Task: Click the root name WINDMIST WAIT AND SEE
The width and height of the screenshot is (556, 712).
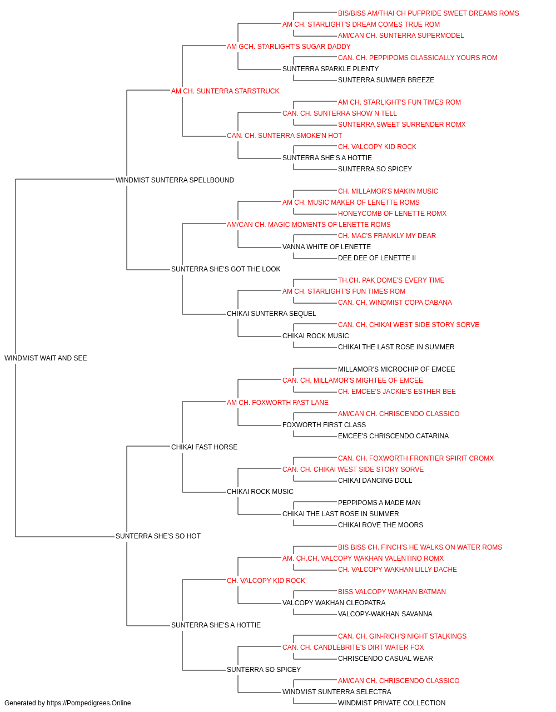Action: [46, 358]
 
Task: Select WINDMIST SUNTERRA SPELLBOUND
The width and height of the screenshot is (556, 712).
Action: [175, 180]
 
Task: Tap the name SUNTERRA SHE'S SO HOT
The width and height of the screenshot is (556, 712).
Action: [158, 536]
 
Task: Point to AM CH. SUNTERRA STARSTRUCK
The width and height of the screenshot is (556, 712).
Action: [225, 91]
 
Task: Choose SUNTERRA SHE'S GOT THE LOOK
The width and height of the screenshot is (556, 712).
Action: [226, 269]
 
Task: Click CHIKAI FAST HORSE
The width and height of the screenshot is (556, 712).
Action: [204, 447]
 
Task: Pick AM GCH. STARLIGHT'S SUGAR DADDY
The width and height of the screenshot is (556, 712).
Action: [289, 47]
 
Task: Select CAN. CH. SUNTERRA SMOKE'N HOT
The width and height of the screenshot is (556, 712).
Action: [284, 136]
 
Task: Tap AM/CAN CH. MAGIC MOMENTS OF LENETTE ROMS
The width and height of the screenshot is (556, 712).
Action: [309, 224]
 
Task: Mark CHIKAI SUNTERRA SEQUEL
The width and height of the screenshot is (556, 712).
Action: [271, 314]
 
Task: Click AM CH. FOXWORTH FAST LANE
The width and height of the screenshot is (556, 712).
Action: [277, 402]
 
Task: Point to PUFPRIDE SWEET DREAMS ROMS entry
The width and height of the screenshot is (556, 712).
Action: [428, 13]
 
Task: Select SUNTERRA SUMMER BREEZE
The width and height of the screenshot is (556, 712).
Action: [386, 80]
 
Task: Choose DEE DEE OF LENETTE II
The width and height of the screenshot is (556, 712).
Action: [377, 258]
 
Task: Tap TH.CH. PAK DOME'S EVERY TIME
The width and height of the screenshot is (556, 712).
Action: [391, 280]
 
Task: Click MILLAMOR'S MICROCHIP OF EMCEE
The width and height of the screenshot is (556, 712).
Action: [396, 369]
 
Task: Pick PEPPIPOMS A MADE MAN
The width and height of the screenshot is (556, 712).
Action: [379, 503]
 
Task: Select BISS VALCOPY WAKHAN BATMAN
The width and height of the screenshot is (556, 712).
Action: [391, 591]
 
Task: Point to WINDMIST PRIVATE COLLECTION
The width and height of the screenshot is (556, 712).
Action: [391, 703]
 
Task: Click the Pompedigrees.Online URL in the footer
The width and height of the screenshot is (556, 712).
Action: [88, 703]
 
